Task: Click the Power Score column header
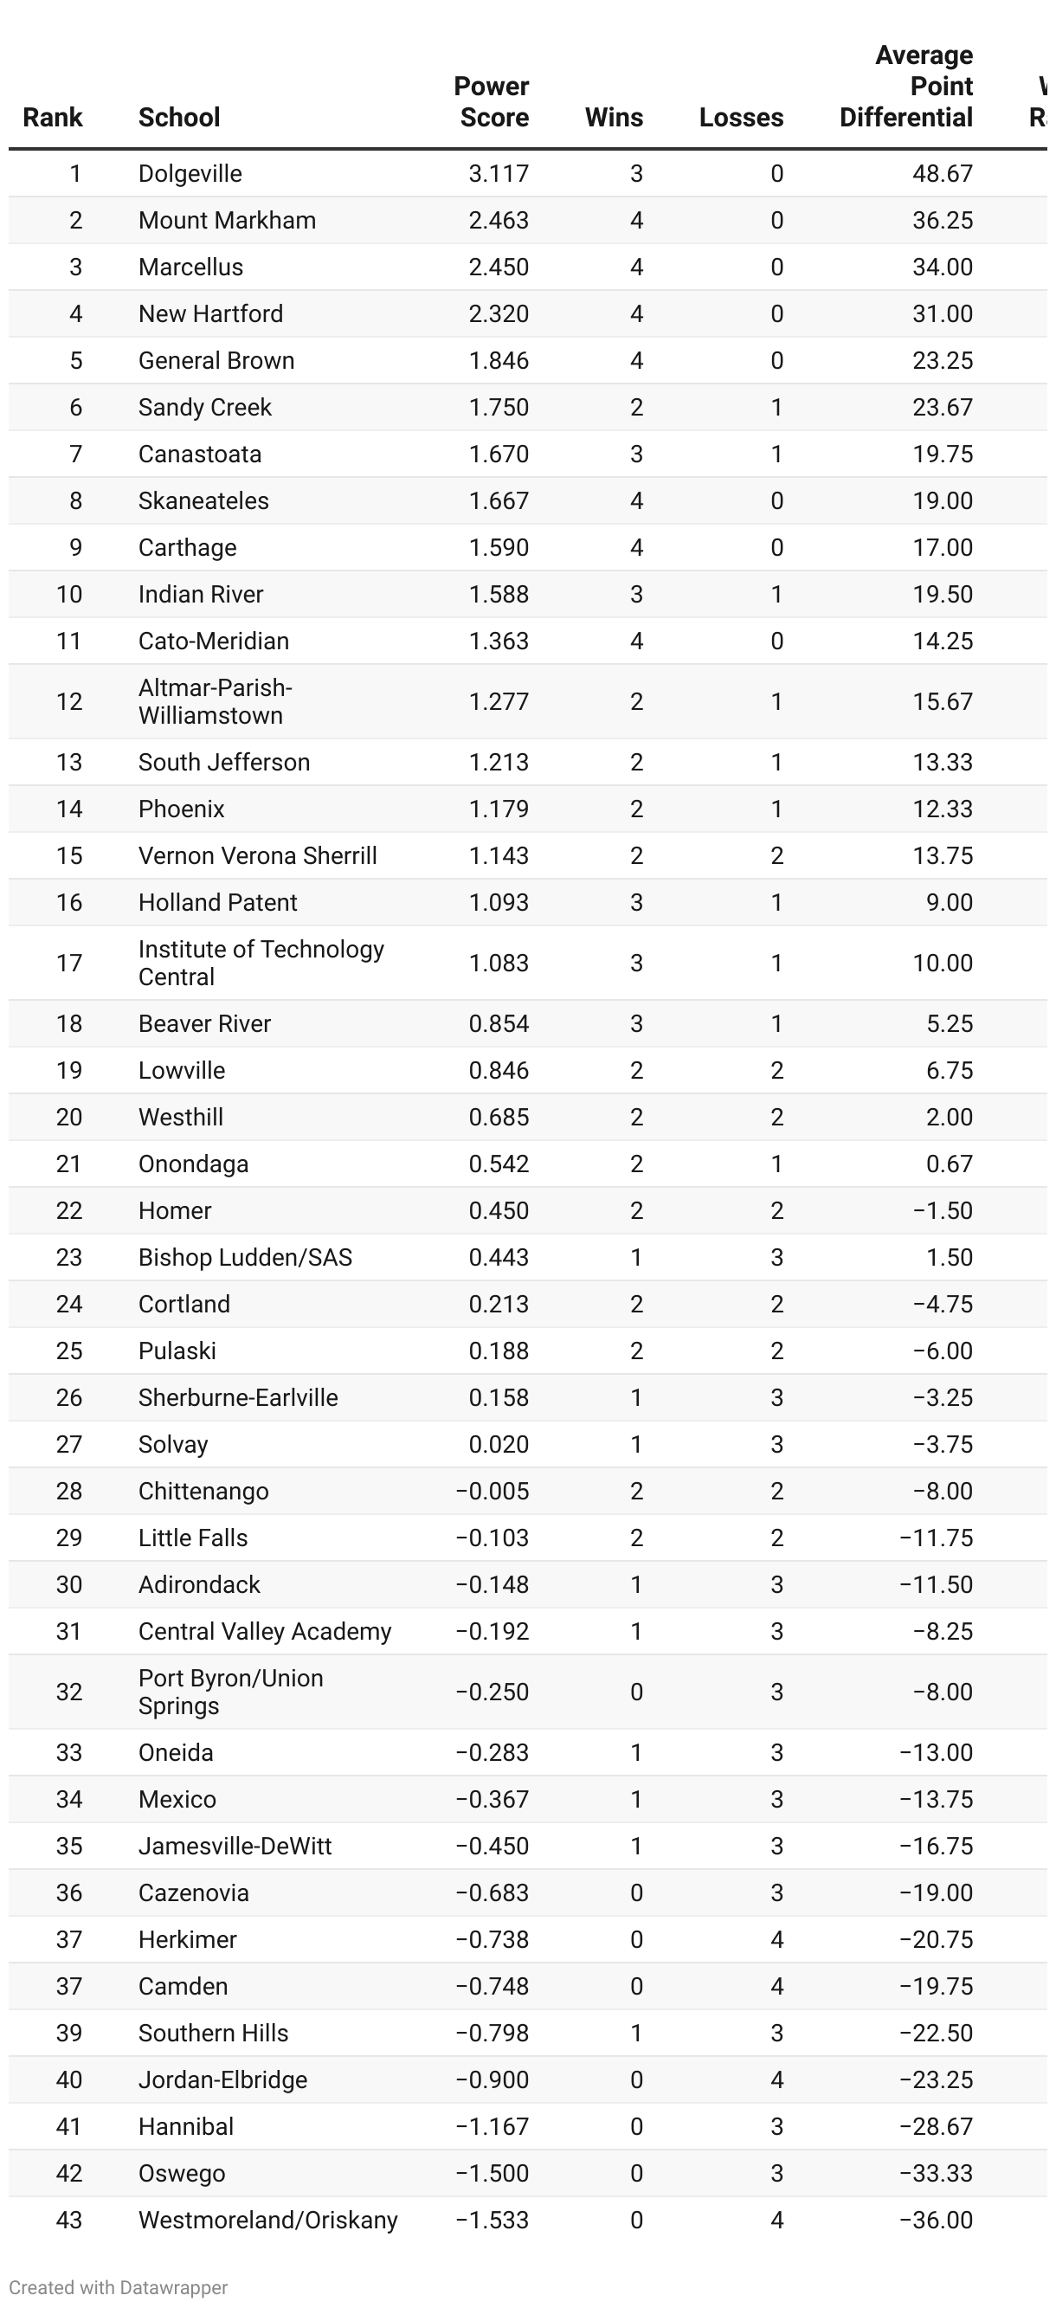(x=492, y=102)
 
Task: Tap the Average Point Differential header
(x=906, y=87)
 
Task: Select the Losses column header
(x=741, y=118)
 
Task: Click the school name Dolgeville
(x=190, y=174)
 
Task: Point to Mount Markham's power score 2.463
(x=498, y=221)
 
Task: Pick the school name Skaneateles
(x=203, y=501)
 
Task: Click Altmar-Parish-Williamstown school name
(x=215, y=701)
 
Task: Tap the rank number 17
(x=69, y=964)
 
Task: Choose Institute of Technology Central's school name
(x=261, y=964)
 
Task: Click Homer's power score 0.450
(x=498, y=1210)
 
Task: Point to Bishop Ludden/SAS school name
(x=244, y=1257)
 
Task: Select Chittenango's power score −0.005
(x=492, y=1491)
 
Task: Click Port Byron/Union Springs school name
(x=230, y=1692)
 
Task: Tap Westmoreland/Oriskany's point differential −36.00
(x=935, y=2221)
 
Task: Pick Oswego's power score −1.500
(x=492, y=2174)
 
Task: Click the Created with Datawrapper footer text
(x=119, y=2287)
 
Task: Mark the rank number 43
(x=69, y=2221)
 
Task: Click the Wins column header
(x=614, y=118)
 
